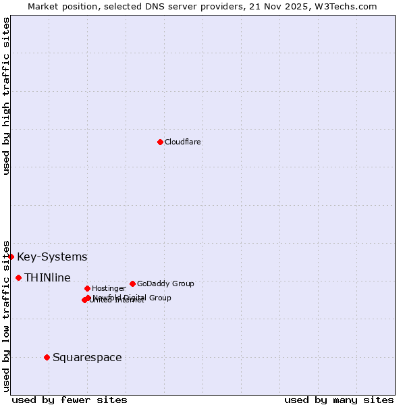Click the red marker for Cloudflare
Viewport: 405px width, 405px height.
click(x=160, y=142)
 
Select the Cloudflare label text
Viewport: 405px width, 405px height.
click(x=183, y=142)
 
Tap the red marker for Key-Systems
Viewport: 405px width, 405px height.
click(x=11, y=256)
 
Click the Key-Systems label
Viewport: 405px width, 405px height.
click(x=52, y=257)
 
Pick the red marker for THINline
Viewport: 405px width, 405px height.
click(x=18, y=277)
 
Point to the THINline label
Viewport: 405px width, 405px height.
click(x=47, y=278)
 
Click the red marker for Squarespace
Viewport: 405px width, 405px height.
click(x=47, y=357)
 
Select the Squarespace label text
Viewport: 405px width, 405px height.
click(x=87, y=358)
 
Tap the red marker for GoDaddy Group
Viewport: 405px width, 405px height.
click(x=132, y=283)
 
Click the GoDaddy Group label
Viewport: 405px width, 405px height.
click(x=165, y=284)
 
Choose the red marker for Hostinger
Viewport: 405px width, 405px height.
click(x=87, y=288)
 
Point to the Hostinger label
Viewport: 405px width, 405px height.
click(x=109, y=289)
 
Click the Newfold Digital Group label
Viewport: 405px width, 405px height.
click(x=132, y=298)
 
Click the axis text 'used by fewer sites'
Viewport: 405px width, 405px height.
click(x=70, y=400)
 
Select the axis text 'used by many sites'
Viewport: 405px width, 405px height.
click(x=339, y=400)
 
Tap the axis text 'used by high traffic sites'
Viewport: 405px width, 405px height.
click(x=6, y=96)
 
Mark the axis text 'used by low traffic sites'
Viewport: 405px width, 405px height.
click(x=6, y=316)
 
